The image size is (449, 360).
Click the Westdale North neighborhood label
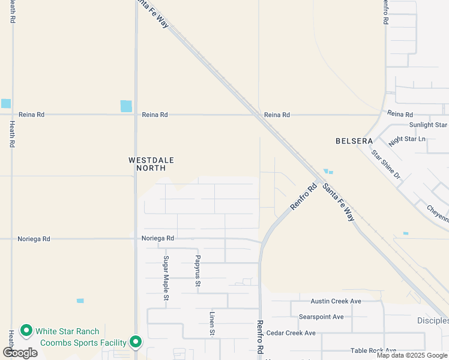(x=147, y=164)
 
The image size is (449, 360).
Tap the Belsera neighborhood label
(x=354, y=141)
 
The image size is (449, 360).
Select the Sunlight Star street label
(x=428, y=125)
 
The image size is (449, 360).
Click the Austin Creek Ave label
(x=336, y=301)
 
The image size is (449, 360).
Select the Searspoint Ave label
(x=321, y=317)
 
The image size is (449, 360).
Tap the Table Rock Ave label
(x=373, y=350)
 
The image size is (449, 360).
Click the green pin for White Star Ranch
(x=26, y=330)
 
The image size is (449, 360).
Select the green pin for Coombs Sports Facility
(x=136, y=342)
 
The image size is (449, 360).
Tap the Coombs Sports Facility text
(x=83, y=343)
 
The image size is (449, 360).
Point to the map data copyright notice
(x=411, y=355)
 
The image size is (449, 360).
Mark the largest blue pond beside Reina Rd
(x=126, y=106)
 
